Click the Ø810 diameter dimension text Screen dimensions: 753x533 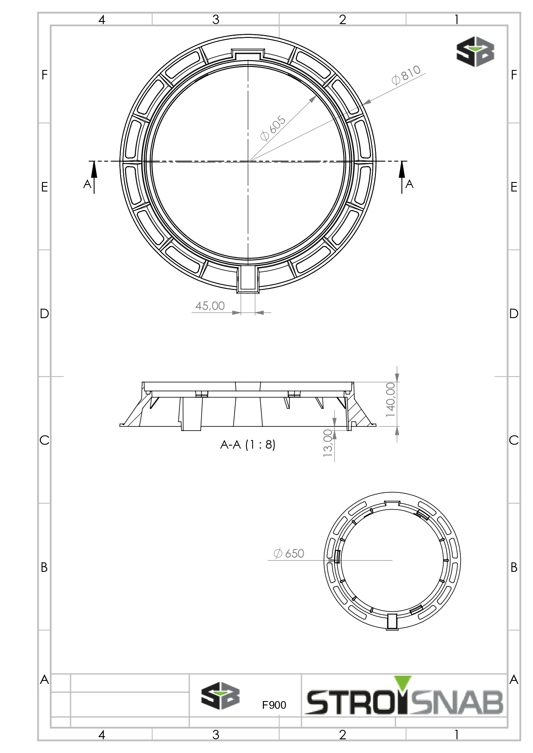point(406,75)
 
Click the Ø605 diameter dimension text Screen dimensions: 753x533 point(273,128)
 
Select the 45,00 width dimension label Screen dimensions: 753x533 point(210,306)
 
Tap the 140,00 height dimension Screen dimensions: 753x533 point(390,400)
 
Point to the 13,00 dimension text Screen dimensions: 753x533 point(328,443)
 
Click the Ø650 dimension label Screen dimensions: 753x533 point(289,553)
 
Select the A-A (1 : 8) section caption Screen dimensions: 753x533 point(248,444)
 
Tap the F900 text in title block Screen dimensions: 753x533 point(274,705)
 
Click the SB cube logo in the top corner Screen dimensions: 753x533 point(475,52)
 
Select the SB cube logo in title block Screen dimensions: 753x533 point(220,696)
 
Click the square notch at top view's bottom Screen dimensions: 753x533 point(248,279)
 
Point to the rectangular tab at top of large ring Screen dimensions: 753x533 point(247,54)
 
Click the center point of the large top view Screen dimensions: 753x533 point(248,161)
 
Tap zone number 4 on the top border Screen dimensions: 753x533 point(102,20)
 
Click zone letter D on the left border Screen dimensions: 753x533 point(44,314)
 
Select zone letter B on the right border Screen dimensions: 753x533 point(514,567)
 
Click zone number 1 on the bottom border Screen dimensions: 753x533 point(457,735)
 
